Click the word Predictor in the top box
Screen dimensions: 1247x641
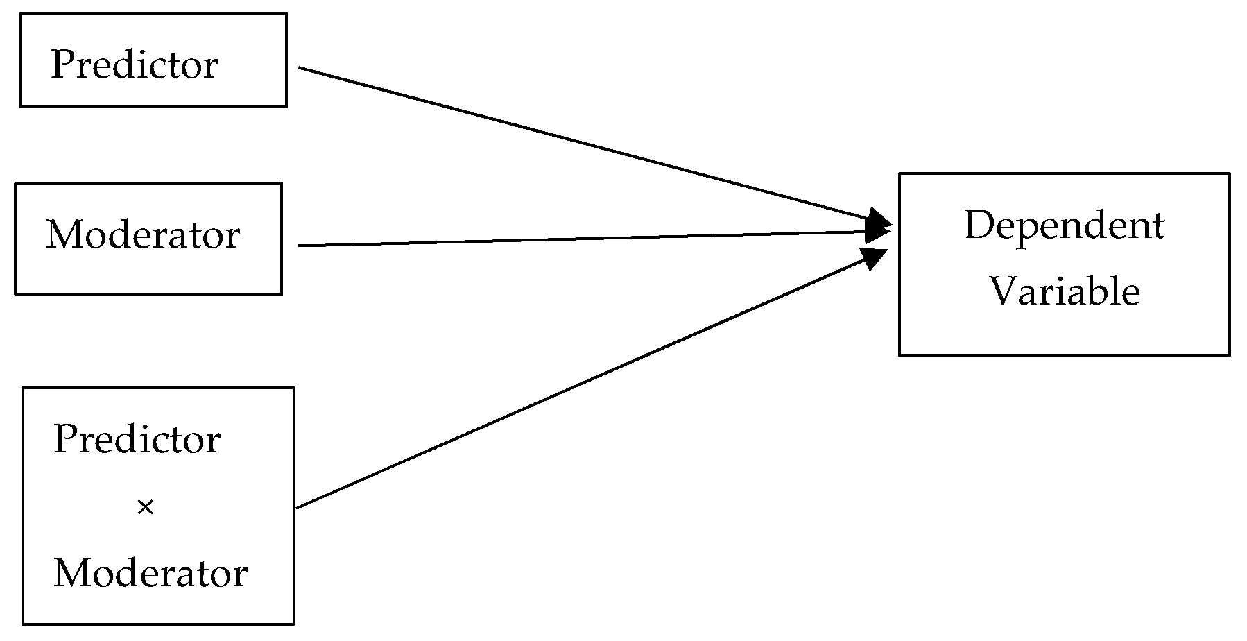(135, 65)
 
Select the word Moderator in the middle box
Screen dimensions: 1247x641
(143, 234)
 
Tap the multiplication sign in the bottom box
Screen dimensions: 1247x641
(145, 508)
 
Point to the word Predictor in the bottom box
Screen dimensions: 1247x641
(137, 440)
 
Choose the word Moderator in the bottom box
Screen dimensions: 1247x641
(150, 574)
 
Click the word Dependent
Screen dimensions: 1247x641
(1064, 225)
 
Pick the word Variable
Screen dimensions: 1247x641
(1064, 291)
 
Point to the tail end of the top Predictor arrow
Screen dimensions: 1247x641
(301, 68)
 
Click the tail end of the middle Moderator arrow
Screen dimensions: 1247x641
(301, 245)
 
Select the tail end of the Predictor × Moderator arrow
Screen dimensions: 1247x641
(299, 507)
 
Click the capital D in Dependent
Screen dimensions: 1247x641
(978, 225)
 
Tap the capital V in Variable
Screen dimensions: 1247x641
(1001, 291)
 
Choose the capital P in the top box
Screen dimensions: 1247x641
(61, 65)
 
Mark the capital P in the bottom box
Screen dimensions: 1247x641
(64, 440)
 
